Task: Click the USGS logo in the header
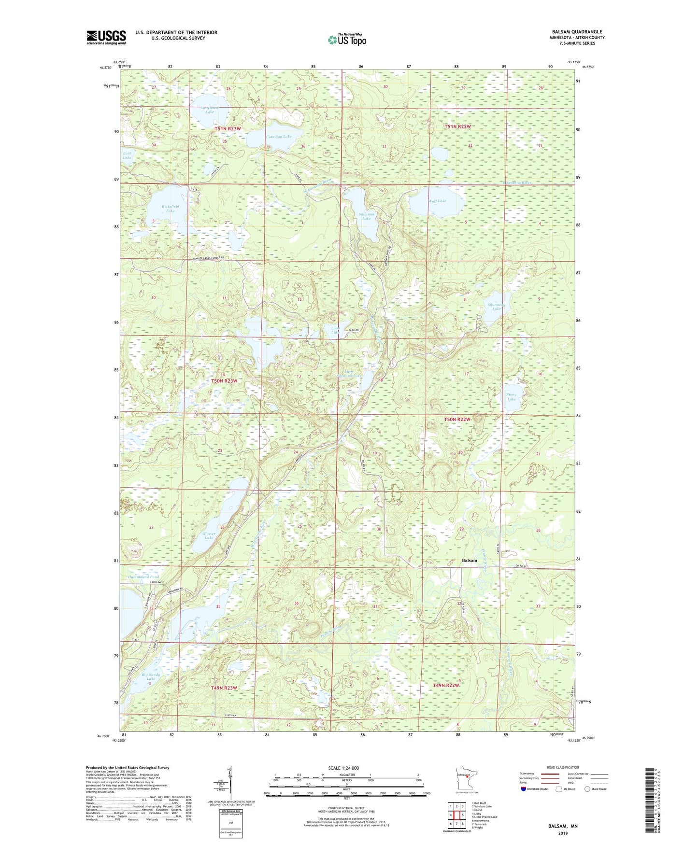point(106,37)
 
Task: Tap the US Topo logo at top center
point(346,40)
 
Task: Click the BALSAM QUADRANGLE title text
point(577,32)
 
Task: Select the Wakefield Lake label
point(170,209)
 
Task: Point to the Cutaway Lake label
point(279,137)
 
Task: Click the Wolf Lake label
point(437,201)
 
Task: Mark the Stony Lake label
point(512,397)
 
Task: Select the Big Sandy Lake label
point(151,676)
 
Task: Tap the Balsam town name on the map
point(469,561)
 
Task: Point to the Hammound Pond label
point(143,577)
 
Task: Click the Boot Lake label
point(127,155)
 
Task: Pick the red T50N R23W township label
point(224,381)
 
